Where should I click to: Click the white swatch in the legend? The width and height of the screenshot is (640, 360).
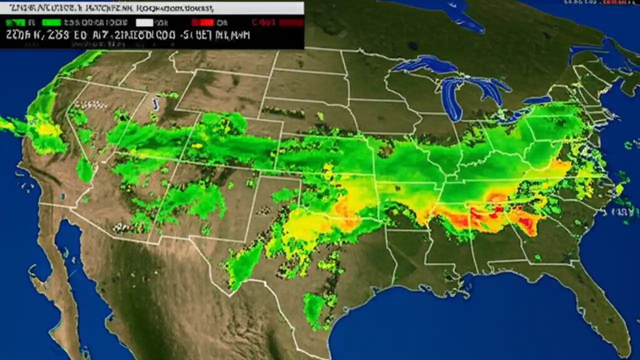coord(144,22)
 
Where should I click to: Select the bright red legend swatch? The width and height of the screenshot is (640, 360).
coord(203,22)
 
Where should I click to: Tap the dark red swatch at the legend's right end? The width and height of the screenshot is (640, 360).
coord(291,22)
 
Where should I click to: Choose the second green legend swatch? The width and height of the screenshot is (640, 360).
coord(51,22)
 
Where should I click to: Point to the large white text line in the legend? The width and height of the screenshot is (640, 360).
coord(130,35)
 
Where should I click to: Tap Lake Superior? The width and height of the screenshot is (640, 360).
coord(425,64)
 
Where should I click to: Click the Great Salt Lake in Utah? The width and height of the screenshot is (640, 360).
coord(155,104)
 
